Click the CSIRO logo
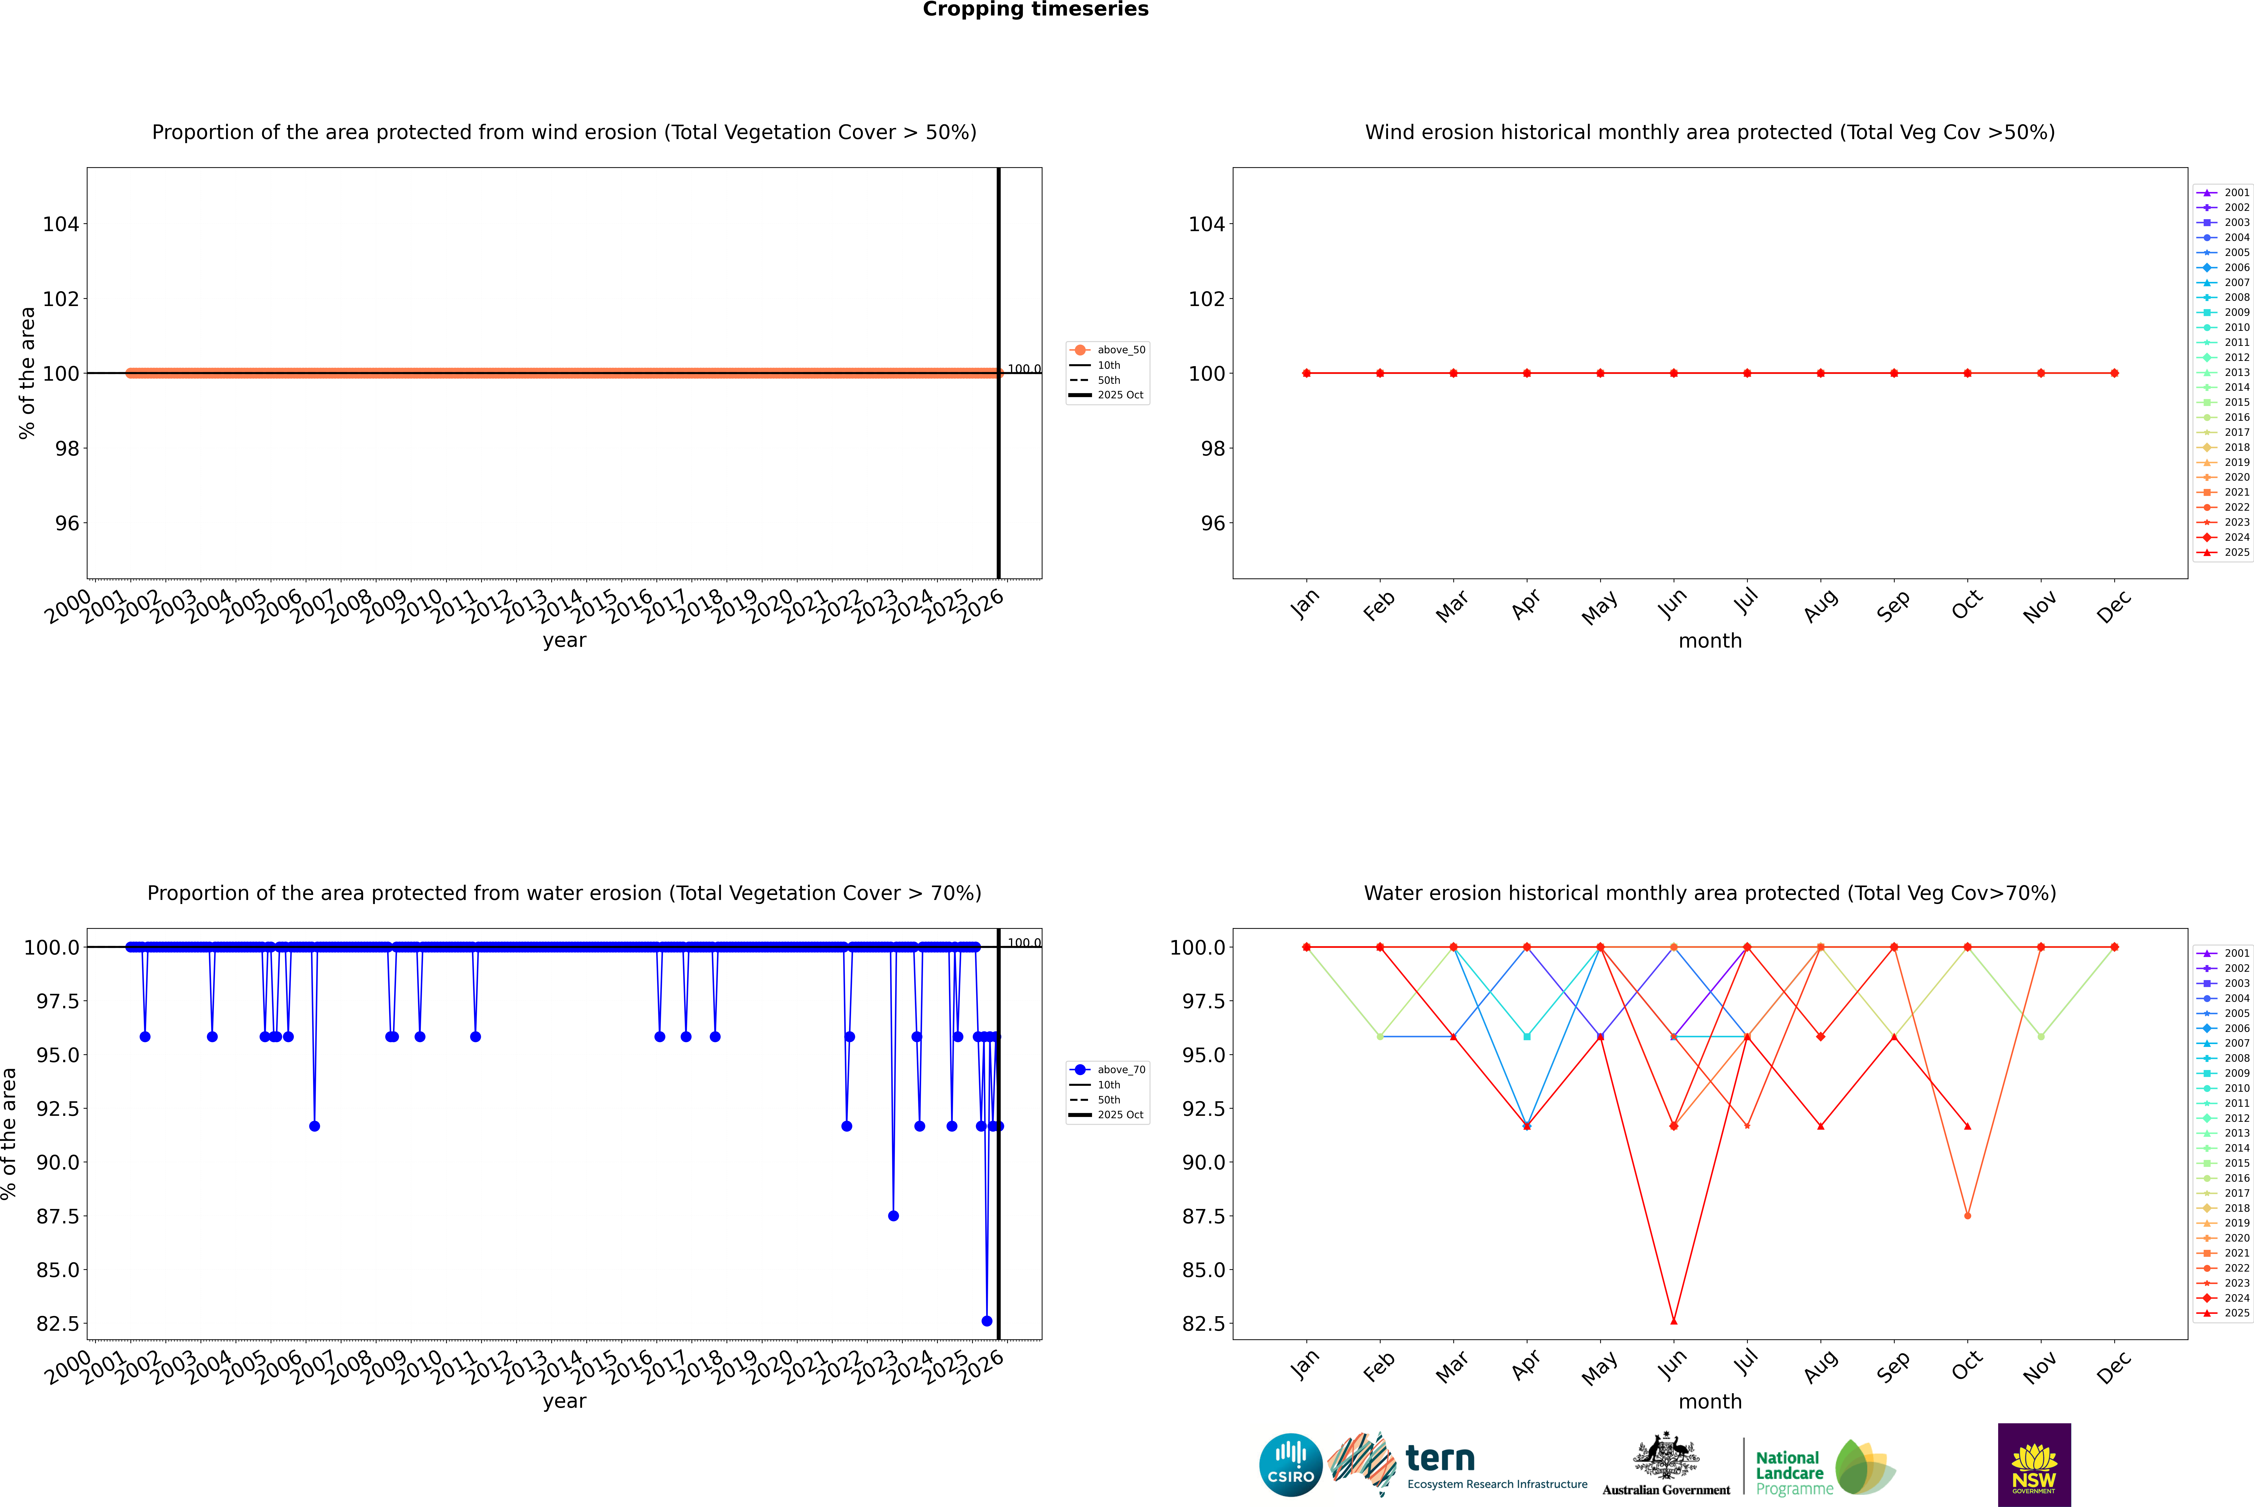tap(1290, 1465)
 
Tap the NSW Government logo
tap(2034, 1465)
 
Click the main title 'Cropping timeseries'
tap(1035, 10)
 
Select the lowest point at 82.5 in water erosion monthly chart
tap(1674, 1320)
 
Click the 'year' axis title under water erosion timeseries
tap(564, 1401)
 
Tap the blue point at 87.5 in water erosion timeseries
tap(893, 1216)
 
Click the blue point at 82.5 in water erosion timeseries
tap(987, 1320)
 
